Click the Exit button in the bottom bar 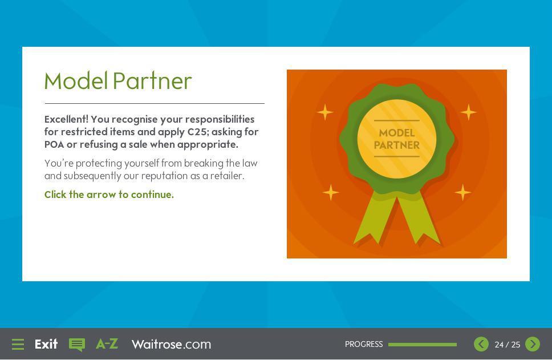(46, 344)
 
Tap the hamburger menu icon (18, 344)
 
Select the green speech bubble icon (77, 345)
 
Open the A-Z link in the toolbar (107, 344)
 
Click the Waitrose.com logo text (172, 344)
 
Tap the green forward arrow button (533, 344)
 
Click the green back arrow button (481, 344)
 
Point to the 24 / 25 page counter (508, 345)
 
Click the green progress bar (423, 345)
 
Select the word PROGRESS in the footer (364, 344)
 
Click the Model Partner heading (118, 81)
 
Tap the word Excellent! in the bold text (66, 119)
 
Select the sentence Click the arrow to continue (109, 195)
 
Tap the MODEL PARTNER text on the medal (397, 139)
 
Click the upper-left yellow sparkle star (324, 112)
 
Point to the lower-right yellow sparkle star (463, 192)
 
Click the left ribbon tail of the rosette (374, 219)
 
